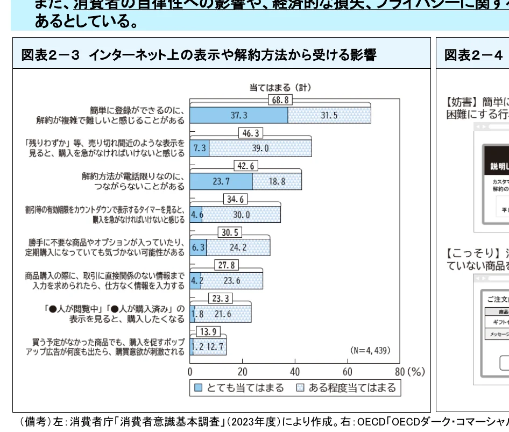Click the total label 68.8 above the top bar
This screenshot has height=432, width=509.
pos(280,100)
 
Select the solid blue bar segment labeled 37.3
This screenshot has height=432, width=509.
pos(239,115)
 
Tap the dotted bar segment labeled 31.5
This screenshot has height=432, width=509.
pos(329,115)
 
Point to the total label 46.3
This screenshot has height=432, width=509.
pos(251,133)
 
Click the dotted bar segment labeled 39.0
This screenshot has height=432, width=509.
pos(260,148)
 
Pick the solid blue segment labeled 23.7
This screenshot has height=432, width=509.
pos(221,181)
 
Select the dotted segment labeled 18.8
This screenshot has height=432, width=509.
pos(277,181)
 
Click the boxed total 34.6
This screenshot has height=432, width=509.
pos(235,199)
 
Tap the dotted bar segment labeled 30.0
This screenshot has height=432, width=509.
pos(241,215)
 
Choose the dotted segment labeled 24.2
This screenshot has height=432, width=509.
pos(238,247)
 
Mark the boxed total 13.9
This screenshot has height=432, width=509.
pos(208,331)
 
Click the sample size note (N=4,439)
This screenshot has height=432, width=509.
pos(370,350)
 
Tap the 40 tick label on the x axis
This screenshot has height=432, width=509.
pos(294,372)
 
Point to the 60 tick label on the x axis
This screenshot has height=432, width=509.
pos(347,372)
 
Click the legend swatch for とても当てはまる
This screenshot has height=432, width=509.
pos(198,388)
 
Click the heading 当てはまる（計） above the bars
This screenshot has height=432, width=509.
pos(280,87)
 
